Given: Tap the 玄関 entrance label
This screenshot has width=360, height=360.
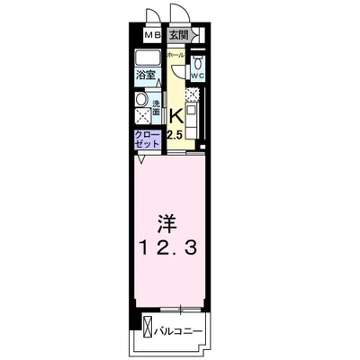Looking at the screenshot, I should tap(178, 36).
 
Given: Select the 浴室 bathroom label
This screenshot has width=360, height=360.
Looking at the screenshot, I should tap(146, 76).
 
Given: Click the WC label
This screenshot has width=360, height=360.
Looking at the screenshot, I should tap(197, 76).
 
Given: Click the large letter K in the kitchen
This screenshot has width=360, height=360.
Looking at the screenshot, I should tap(177, 115).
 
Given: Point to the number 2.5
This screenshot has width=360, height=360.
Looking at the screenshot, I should tap(175, 134).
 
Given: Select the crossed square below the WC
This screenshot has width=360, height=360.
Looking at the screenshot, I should tap(195, 94).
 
